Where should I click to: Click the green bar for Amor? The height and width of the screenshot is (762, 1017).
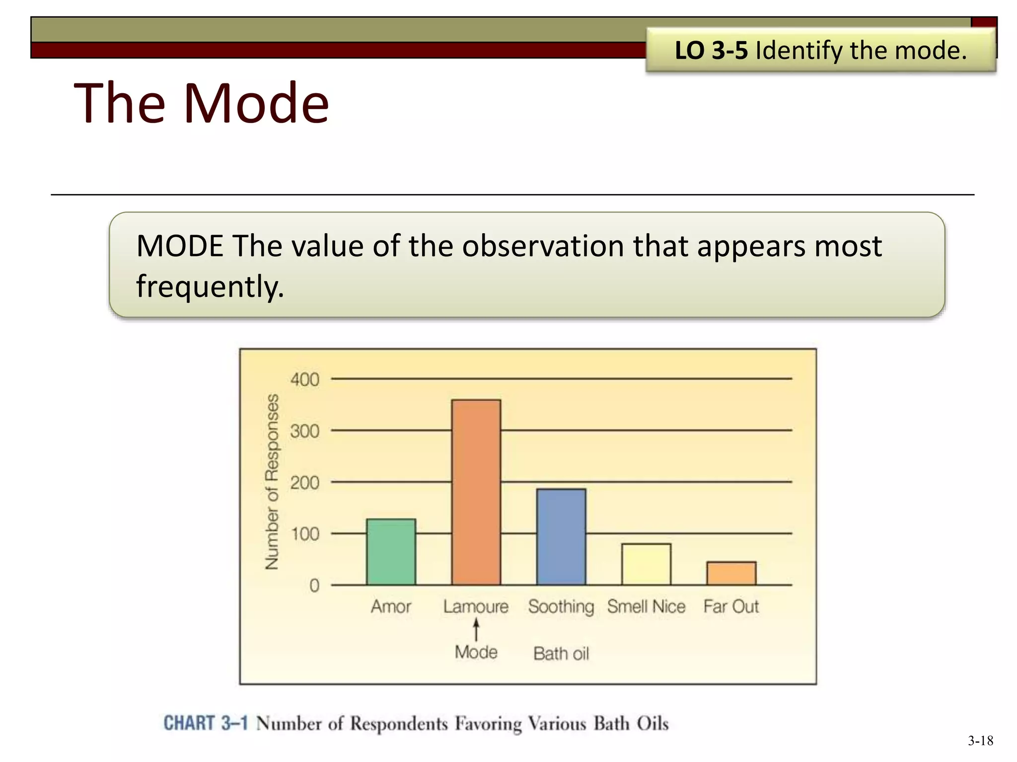point(391,552)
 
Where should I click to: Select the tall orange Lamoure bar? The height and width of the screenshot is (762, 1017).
point(476,492)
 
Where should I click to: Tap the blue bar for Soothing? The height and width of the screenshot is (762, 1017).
point(561,537)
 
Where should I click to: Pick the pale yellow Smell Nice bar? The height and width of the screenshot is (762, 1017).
point(646,564)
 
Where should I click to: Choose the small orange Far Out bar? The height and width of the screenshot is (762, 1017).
point(731,573)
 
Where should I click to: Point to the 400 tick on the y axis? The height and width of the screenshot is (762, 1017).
point(304,380)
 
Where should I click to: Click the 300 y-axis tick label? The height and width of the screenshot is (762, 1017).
point(304,431)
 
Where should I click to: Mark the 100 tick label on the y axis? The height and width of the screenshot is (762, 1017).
point(304,534)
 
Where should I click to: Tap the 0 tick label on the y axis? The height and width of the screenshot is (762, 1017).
point(314,586)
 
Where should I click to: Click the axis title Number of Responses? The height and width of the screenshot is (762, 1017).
point(272,481)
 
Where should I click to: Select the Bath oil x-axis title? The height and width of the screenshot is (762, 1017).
point(561,653)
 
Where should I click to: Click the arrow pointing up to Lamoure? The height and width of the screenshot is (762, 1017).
point(476,630)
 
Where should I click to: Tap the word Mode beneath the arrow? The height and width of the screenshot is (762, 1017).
point(476,652)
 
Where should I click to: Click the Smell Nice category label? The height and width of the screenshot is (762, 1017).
point(646,606)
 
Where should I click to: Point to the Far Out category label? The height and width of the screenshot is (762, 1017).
point(731,606)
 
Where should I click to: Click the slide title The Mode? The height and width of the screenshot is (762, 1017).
point(201,103)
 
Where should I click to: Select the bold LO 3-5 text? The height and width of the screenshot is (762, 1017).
point(711,50)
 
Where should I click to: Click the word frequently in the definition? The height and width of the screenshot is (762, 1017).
point(210,286)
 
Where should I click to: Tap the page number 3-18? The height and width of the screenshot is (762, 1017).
point(980,741)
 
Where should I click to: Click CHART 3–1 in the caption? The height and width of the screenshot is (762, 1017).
point(206,723)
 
